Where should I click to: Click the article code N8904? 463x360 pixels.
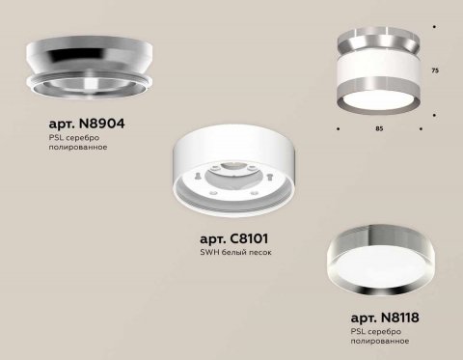[86, 125]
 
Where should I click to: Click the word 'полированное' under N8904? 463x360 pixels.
[76, 152]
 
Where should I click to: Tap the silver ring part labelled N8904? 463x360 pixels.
[87, 68]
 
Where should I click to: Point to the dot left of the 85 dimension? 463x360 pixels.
[338, 125]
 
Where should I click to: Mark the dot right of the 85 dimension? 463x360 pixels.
[424, 125]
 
